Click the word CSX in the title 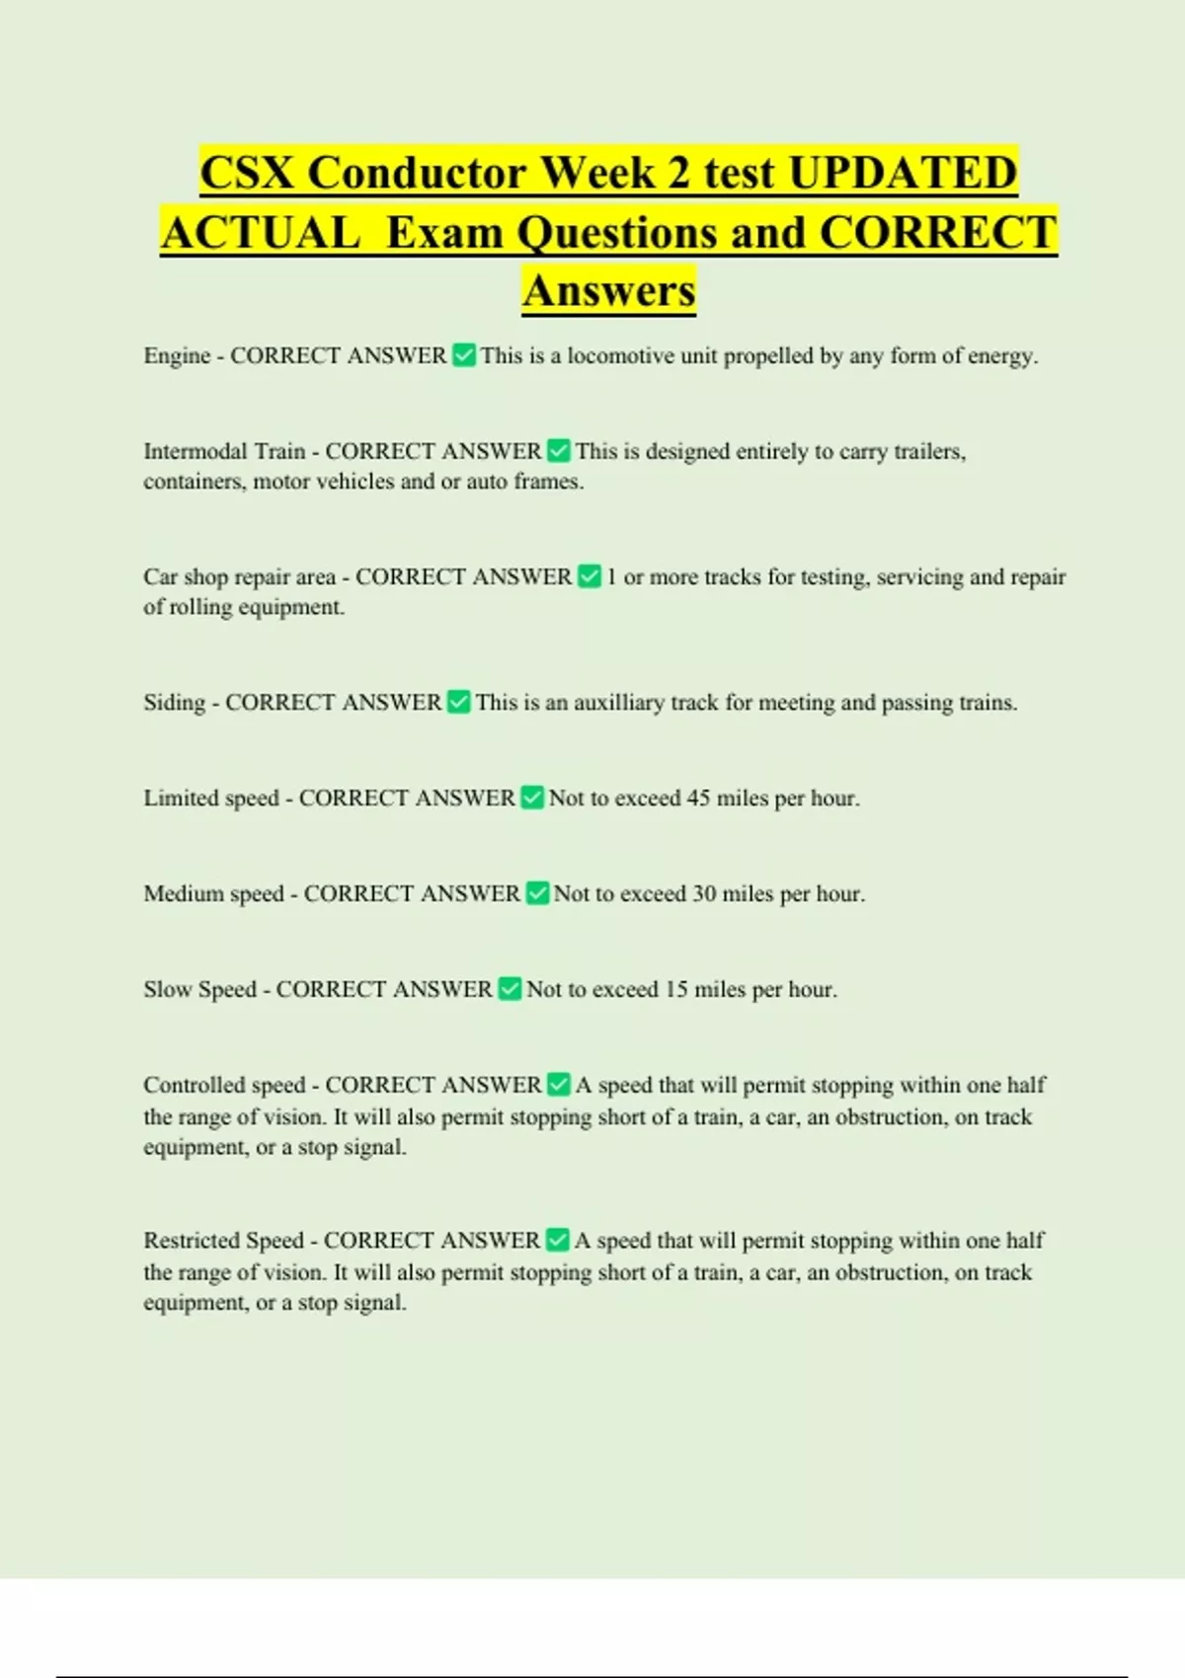[x=247, y=173]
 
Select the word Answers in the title [x=609, y=290]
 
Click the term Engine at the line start [x=177, y=355]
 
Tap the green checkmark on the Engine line [x=464, y=355]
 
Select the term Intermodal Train [x=224, y=451]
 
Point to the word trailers [x=929, y=451]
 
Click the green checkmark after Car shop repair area [x=590, y=576]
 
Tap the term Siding [x=174, y=702]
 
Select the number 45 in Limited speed [x=698, y=798]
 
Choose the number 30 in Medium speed [x=704, y=893]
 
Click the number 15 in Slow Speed [x=676, y=989]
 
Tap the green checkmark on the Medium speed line [x=537, y=893]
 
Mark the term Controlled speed [x=224, y=1085]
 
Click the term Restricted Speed [x=223, y=1240]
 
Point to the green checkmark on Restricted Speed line [x=558, y=1240]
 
